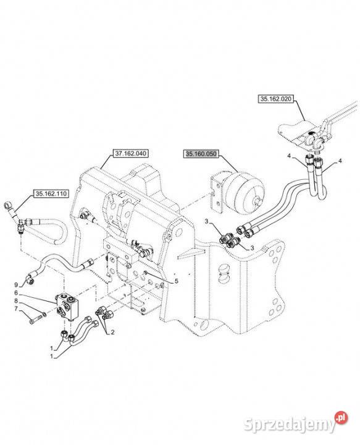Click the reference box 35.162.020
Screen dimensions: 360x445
coord(275,99)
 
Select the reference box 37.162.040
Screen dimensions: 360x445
coord(130,153)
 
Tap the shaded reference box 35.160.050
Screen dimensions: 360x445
coord(201,154)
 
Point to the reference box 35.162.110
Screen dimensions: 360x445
coord(51,194)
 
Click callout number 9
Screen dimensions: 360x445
coord(16,285)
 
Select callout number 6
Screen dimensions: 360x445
coord(16,292)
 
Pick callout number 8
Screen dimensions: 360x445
coord(16,300)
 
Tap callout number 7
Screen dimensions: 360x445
coord(16,308)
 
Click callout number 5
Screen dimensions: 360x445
coord(177,281)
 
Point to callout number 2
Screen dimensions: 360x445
coord(112,333)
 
